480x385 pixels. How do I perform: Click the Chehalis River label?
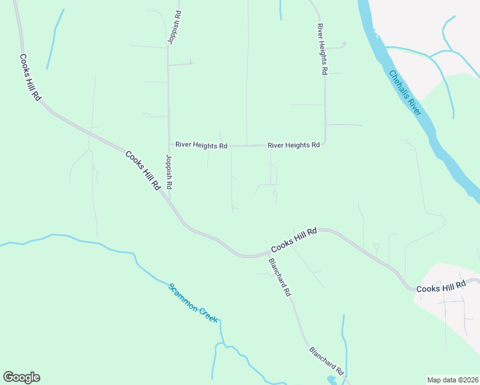(405, 93)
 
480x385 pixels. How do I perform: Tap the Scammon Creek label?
(193, 302)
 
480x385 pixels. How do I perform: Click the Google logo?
(21, 377)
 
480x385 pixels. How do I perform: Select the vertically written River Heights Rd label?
(321, 50)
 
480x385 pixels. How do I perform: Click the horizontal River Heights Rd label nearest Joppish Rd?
(201, 146)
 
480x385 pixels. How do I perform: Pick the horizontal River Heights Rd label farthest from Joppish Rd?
(293, 146)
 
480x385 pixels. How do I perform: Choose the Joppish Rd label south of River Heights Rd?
(169, 172)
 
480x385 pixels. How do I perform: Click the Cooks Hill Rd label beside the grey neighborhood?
(441, 289)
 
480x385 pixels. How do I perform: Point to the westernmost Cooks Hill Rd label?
(30, 76)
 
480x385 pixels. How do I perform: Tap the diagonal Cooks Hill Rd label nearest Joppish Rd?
(142, 171)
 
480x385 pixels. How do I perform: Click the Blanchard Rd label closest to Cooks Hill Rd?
(280, 277)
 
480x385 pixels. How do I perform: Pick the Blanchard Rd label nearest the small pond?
(327, 361)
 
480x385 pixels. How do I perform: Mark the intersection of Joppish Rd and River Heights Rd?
(169, 146)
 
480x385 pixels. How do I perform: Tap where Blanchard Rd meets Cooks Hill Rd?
(263, 255)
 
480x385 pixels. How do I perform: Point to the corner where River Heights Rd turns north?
(325, 142)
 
